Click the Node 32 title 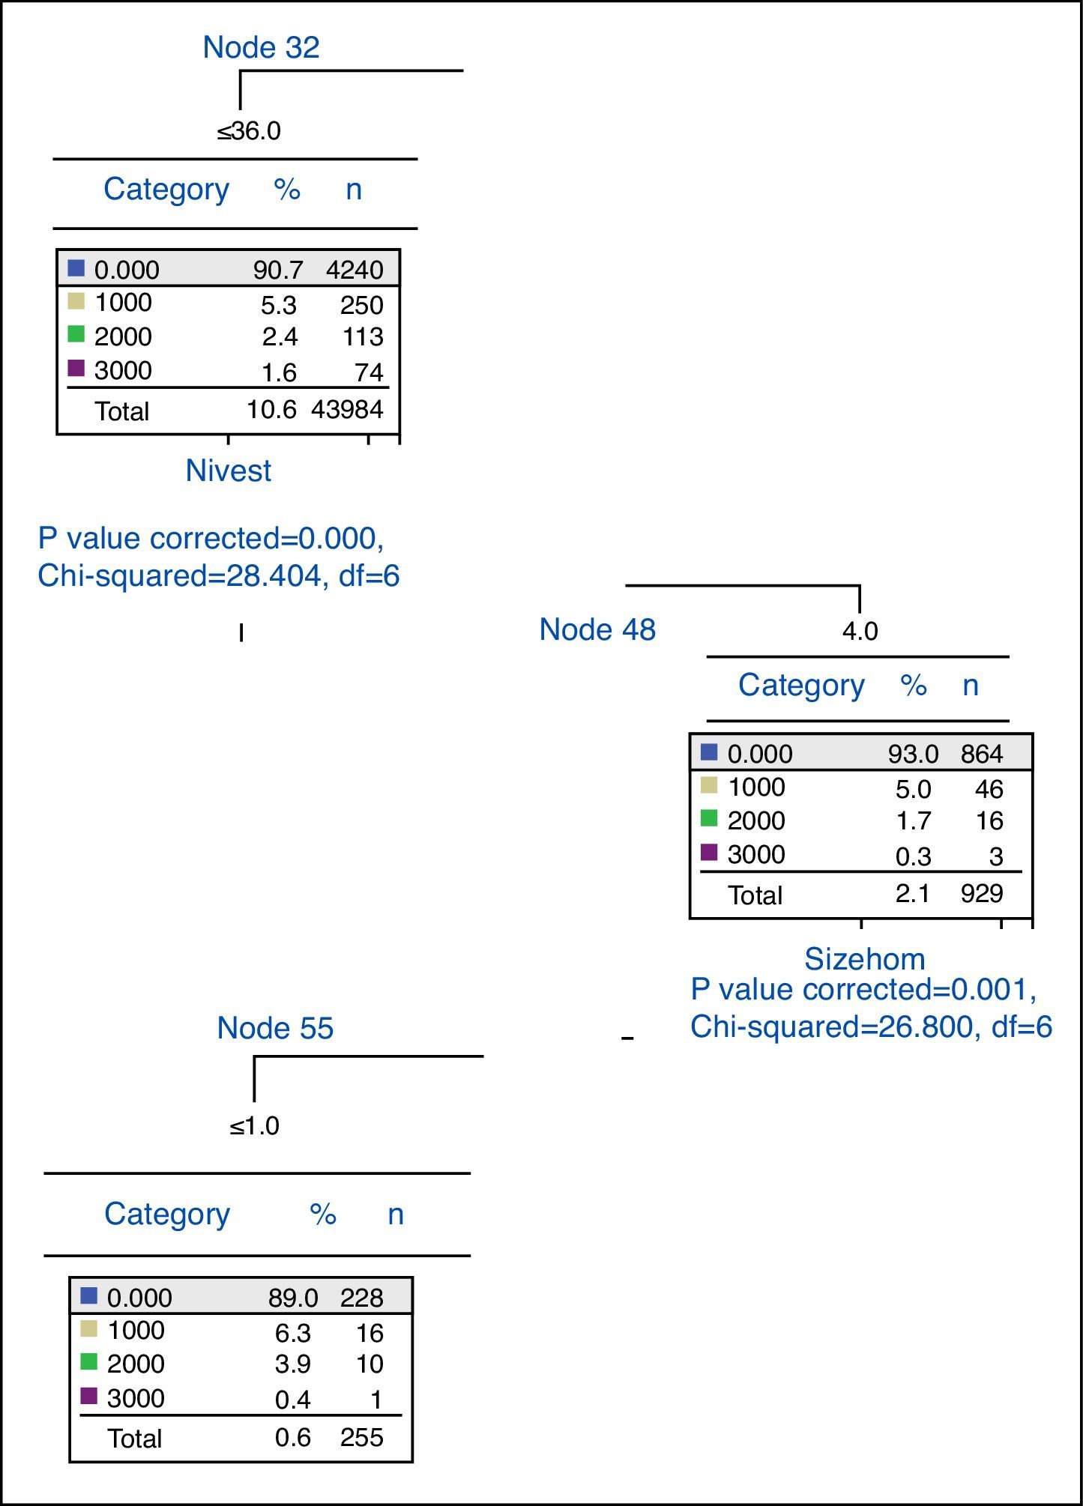261,47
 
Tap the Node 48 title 597,629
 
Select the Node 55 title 275,1028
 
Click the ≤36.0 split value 249,131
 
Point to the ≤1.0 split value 254,1125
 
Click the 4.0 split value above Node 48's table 860,631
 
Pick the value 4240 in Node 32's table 355,270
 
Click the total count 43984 347,409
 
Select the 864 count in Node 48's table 982,754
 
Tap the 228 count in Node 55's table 361,1297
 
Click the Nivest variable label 229,471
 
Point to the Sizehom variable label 864,959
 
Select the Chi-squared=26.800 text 831,1026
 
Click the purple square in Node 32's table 76,369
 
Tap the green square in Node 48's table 709,819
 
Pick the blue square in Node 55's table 88,1295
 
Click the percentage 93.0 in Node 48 913,754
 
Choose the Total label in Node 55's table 135,1438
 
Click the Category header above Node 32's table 166,189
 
